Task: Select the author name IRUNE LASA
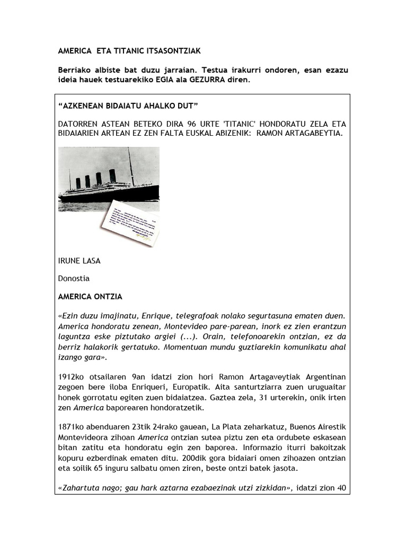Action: coord(79,261)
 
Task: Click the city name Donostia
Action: coord(74,278)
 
